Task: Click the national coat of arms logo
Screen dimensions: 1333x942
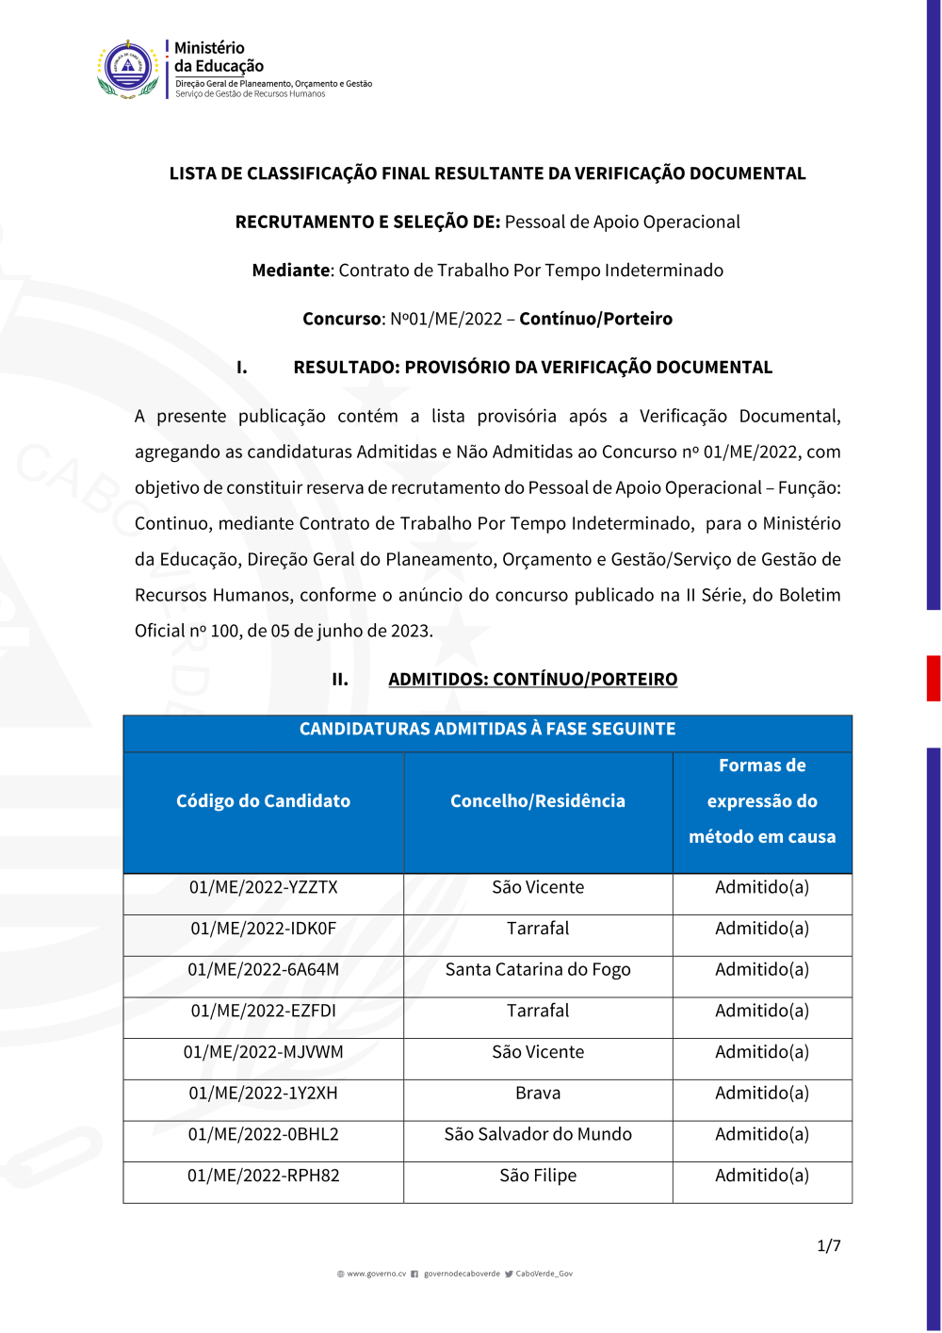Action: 128,69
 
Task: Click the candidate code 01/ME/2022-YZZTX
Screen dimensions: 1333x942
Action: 263,887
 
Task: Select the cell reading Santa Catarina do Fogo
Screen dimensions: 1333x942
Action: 538,969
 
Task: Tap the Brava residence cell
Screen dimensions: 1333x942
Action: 538,1093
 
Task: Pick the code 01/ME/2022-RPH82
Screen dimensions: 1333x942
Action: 263,1176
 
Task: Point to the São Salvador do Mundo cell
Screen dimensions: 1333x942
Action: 538,1134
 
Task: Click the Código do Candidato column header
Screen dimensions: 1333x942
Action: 263,801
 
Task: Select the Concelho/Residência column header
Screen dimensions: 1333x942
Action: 538,801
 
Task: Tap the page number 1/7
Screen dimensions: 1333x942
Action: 829,1245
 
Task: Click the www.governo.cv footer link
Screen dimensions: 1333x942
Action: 376,1274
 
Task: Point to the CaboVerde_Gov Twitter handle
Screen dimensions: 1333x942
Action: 544,1274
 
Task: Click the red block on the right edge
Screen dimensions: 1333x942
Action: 933,678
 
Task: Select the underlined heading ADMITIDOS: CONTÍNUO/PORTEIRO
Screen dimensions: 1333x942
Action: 532,679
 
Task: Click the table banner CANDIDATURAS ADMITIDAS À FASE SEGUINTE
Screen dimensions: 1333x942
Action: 487,729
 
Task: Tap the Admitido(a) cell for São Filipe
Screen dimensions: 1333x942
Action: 762,1176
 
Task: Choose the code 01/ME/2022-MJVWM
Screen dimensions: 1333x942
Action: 263,1052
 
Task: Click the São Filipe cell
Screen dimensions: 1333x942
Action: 538,1176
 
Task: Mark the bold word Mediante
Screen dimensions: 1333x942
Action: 290,271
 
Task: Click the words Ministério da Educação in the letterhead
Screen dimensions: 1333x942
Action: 219,57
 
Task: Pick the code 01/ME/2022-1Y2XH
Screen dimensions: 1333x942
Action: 263,1093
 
